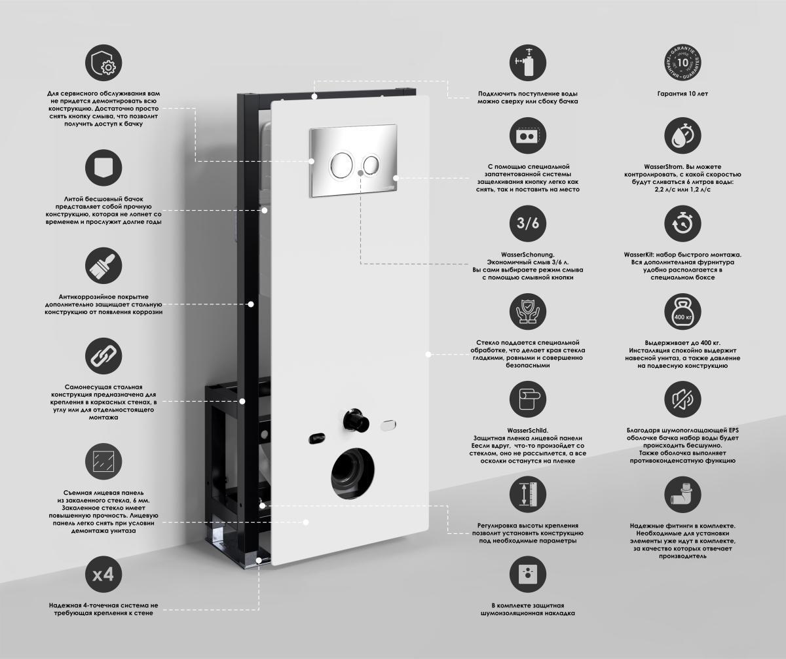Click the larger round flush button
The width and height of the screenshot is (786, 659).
(x=341, y=165)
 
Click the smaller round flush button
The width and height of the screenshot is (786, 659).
(x=371, y=165)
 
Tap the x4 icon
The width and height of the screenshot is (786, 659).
(x=103, y=574)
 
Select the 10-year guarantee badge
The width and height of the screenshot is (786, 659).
(x=683, y=62)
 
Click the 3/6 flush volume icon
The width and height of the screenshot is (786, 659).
(x=528, y=223)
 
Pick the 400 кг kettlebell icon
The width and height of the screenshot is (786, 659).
(x=683, y=312)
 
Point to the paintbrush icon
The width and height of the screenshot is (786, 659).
(x=103, y=266)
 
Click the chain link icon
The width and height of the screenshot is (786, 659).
(x=103, y=356)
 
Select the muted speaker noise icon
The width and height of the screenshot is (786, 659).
(x=683, y=399)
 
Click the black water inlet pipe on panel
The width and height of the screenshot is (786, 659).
(x=355, y=420)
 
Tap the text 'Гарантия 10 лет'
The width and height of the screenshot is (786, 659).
(x=683, y=94)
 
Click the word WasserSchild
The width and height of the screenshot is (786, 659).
(x=528, y=431)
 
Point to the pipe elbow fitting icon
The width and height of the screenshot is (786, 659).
(x=683, y=495)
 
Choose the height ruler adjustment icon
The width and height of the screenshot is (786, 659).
(x=528, y=495)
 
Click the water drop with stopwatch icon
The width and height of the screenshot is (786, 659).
(x=683, y=135)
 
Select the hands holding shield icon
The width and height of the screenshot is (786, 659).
(x=528, y=312)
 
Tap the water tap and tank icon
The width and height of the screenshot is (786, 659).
(x=528, y=62)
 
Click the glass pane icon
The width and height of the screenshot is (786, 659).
(x=103, y=461)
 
